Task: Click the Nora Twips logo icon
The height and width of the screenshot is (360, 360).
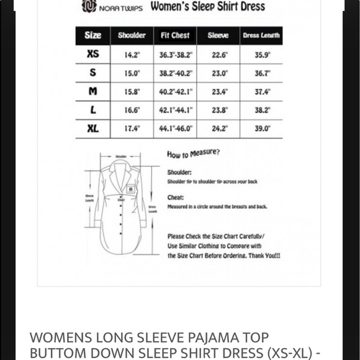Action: click(x=89, y=7)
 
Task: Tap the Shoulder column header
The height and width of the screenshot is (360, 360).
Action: click(x=132, y=35)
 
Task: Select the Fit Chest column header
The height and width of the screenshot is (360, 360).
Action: click(x=174, y=35)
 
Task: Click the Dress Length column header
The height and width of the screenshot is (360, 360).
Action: click(x=261, y=35)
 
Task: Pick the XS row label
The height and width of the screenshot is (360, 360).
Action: click(x=92, y=54)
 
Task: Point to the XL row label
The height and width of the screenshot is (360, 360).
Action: click(x=92, y=129)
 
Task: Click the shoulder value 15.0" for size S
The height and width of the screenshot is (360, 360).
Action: click(x=132, y=73)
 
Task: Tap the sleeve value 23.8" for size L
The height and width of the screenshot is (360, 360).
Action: click(x=219, y=110)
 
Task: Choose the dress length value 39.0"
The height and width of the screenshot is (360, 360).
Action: click(x=263, y=129)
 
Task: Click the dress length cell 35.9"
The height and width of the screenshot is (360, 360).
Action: click(x=263, y=54)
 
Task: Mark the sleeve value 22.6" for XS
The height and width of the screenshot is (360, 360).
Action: click(x=219, y=54)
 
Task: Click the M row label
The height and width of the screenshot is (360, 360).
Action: click(x=92, y=91)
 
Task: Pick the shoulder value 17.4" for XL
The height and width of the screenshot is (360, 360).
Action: click(x=132, y=129)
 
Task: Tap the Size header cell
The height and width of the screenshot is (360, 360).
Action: click(x=92, y=35)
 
